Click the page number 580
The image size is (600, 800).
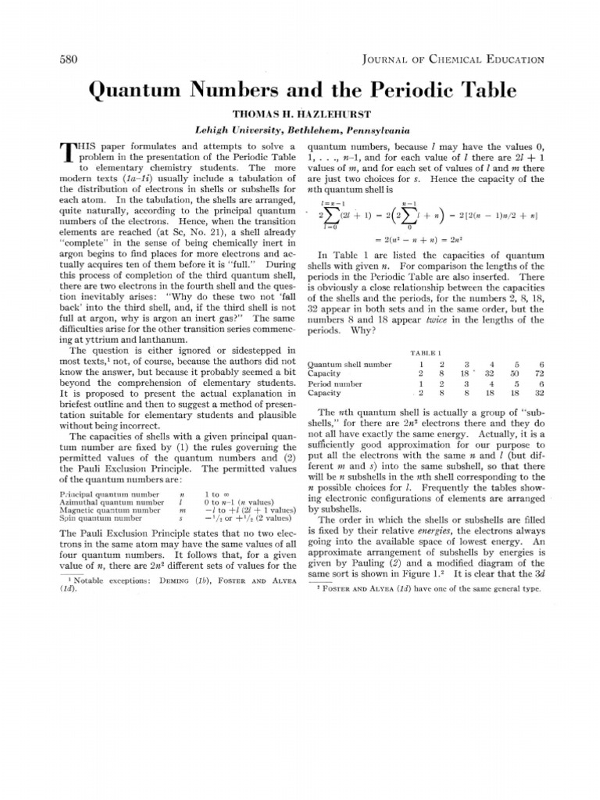tap(71, 59)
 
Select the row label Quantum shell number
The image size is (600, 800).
tap(349, 364)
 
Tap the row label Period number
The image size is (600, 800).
tap(335, 384)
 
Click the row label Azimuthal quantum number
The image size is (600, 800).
tap(111, 502)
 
